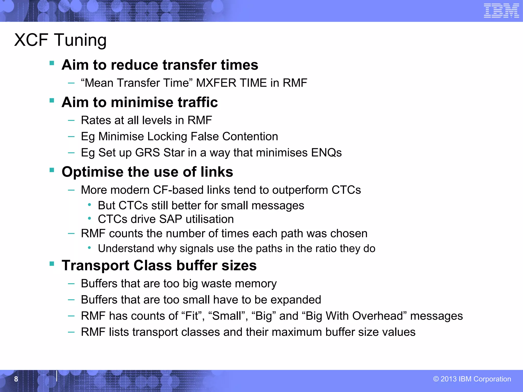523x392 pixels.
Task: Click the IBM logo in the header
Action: tap(501, 11)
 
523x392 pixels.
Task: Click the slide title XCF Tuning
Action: tap(60, 40)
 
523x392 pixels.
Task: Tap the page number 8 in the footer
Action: tap(16, 379)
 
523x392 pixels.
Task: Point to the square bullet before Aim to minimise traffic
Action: tap(52, 100)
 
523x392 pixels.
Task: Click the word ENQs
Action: tap(326, 153)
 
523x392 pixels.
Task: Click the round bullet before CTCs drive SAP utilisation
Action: tap(89, 218)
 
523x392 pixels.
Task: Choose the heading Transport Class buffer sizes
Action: tap(159, 265)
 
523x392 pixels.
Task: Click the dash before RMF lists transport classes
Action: tap(71, 332)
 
